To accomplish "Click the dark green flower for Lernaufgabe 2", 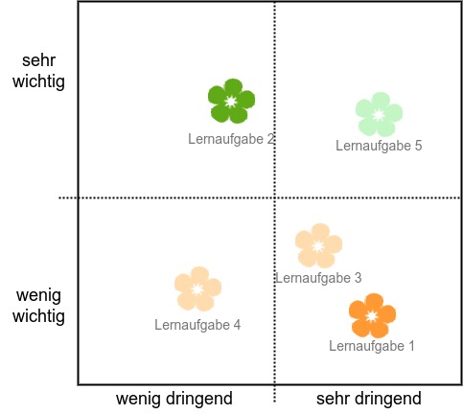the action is [231, 102].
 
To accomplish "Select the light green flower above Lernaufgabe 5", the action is [379, 115].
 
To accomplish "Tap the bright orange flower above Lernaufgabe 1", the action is [372, 316].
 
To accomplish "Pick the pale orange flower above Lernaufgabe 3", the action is [318, 246].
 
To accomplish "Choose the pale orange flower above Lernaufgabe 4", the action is [197, 289].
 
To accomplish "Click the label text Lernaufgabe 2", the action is [231, 139].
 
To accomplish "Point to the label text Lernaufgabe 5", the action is [379, 146].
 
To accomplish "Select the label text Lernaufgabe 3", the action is [318, 278].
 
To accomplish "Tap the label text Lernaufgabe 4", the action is [197, 325].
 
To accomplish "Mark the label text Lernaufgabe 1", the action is [372, 346].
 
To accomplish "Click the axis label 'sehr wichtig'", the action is [38, 71].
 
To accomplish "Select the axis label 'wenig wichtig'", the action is [38, 306].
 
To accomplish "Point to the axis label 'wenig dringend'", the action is [174, 399].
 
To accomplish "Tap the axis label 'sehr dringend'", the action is [369, 399].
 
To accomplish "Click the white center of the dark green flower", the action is [231, 102].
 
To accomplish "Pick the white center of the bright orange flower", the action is [372, 316].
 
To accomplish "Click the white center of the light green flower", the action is [379, 115].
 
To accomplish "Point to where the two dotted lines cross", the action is [275, 198].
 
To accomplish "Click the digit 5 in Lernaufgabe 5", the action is [418, 146].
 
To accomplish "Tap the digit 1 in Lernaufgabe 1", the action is [411, 346].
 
